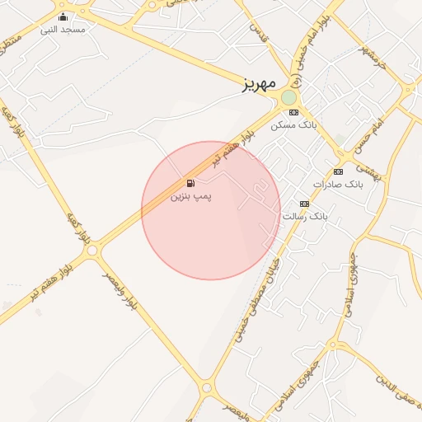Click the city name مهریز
point(259,85)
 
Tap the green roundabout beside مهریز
point(288,98)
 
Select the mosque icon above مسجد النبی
point(63,16)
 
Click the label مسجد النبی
point(63,29)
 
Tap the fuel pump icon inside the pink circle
point(191,183)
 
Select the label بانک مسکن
point(295,124)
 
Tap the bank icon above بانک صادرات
point(338,171)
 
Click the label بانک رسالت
point(306,216)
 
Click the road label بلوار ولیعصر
point(120,293)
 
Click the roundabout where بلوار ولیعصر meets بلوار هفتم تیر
point(92,249)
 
